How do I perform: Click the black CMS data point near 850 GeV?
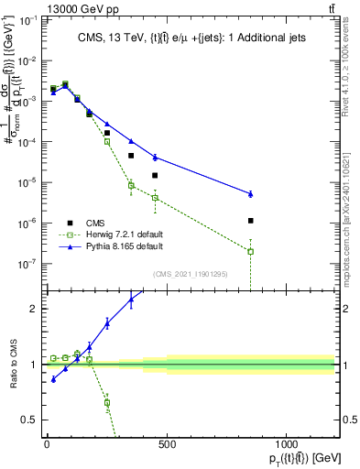tap(250, 221)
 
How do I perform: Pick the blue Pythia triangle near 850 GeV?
tap(250, 193)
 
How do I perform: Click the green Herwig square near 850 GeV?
tap(250, 251)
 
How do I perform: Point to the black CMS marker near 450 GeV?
tap(155, 175)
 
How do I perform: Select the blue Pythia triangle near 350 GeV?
tap(131, 141)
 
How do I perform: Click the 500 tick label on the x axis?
tap(167, 445)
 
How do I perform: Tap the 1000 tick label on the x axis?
tap(287, 445)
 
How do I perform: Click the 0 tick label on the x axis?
tap(47, 445)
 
